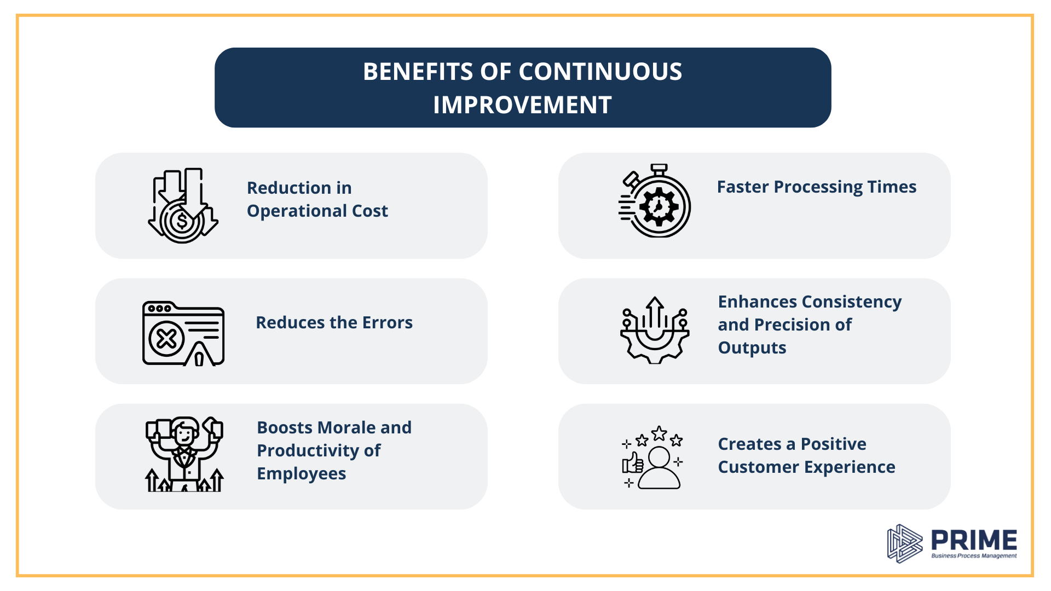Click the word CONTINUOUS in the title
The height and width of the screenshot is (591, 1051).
pyautogui.click(x=600, y=72)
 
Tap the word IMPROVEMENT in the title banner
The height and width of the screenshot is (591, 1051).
pyautogui.click(x=523, y=105)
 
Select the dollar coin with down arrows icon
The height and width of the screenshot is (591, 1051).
pyautogui.click(x=183, y=206)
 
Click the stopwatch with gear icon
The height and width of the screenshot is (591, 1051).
pyautogui.click(x=655, y=200)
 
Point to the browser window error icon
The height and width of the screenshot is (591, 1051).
pyautogui.click(x=183, y=333)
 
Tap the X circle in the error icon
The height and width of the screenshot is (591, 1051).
pyautogui.click(x=166, y=339)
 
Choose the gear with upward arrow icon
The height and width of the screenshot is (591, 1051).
pyautogui.click(x=655, y=330)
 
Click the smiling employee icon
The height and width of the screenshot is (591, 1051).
pyautogui.click(x=184, y=454)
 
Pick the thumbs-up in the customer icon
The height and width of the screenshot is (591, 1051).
pyautogui.click(x=633, y=463)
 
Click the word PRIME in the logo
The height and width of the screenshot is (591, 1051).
pyautogui.click(x=974, y=540)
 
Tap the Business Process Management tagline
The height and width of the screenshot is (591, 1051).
pyautogui.click(x=974, y=556)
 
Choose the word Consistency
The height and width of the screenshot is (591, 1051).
pyautogui.click(x=851, y=303)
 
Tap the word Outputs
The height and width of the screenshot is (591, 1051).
pyautogui.click(x=752, y=349)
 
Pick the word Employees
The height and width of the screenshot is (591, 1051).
pyautogui.click(x=302, y=474)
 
